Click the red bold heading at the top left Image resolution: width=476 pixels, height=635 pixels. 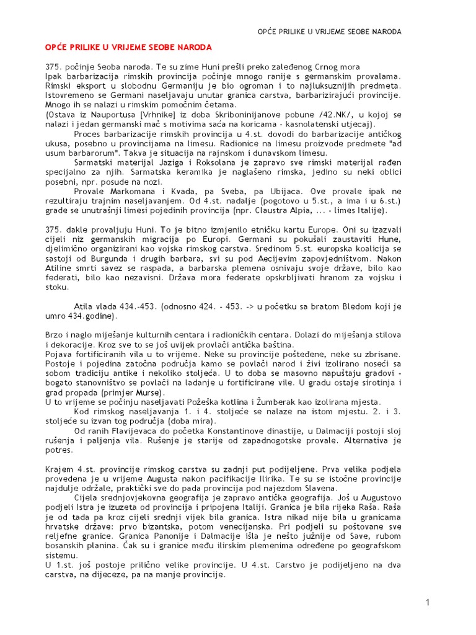coord(129,47)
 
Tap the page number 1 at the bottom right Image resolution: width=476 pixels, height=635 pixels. coord(428,602)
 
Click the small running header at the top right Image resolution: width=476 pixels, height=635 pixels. coord(329,31)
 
